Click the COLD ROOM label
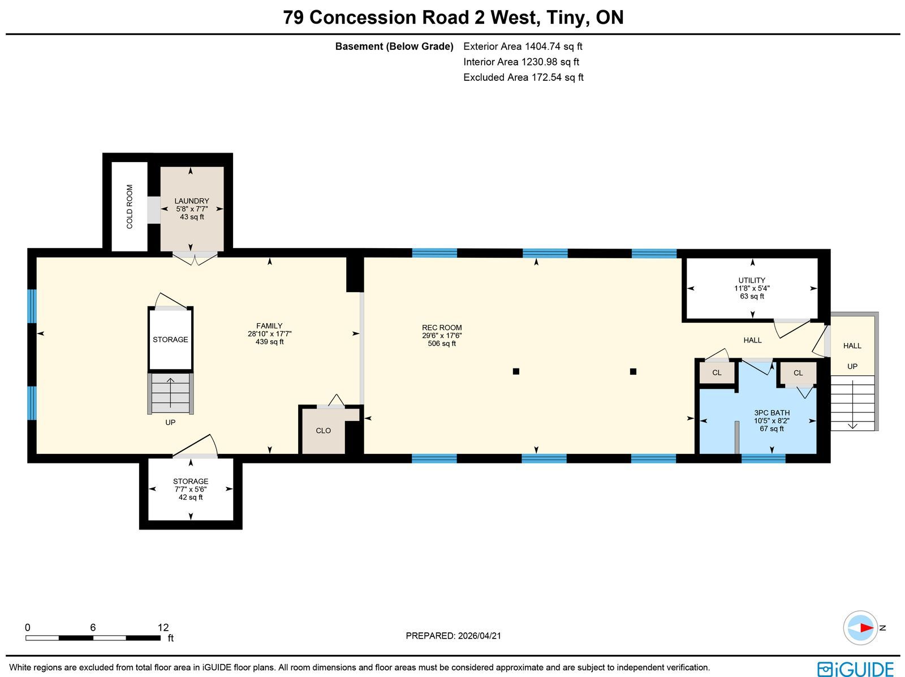(x=130, y=207)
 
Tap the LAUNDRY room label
(x=192, y=201)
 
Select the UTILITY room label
(x=752, y=280)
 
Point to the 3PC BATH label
(x=772, y=413)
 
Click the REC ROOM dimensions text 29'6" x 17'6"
(x=442, y=336)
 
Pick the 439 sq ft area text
(x=270, y=342)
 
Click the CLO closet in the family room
(x=323, y=431)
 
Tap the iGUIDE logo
(x=856, y=669)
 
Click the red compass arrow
(x=867, y=628)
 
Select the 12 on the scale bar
(x=163, y=628)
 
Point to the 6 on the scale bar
(x=93, y=628)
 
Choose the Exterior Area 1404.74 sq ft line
(x=523, y=46)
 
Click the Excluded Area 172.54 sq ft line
(x=523, y=77)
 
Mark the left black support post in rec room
(x=516, y=371)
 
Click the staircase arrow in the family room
(x=170, y=393)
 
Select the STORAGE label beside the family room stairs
(x=170, y=340)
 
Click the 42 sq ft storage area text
(x=191, y=497)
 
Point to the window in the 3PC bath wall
(x=763, y=458)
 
